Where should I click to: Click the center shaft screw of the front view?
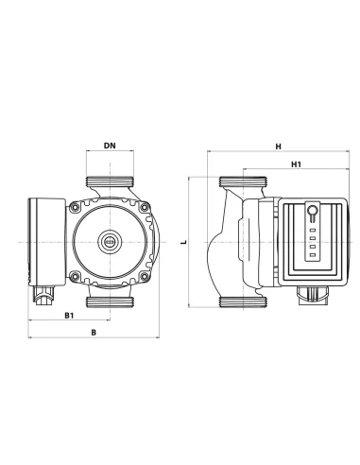109,242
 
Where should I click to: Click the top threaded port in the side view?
234,182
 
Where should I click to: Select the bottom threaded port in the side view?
234,301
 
